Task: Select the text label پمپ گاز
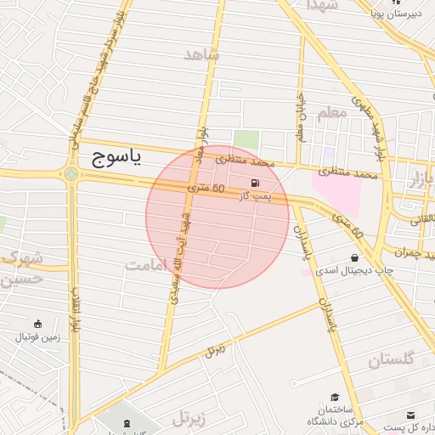click(x=254, y=196)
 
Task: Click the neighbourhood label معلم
click(x=330, y=112)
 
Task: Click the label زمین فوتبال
click(x=37, y=337)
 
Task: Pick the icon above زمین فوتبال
click(x=37, y=324)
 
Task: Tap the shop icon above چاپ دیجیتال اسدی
click(x=354, y=257)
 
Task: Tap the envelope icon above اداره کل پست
click(x=412, y=415)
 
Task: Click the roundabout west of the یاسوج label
click(x=71, y=174)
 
